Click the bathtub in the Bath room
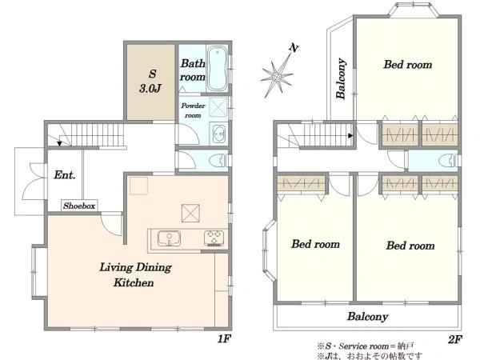click(x=217, y=69)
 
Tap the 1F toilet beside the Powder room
click(x=217, y=161)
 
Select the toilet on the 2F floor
click(x=446, y=161)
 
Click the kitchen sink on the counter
click(x=169, y=238)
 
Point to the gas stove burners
click(x=214, y=238)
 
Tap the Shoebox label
click(x=79, y=206)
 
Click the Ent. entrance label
click(x=64, y=175)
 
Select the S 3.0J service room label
click(x=150, y=81)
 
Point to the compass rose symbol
click(x=277, y=77)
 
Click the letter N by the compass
click(x=294, y=48)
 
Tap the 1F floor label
click(x=224, y=339)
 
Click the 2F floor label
click(x=455, y=339)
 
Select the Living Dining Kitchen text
click(x=135, y=275)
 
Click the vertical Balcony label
click(x=341, y=78)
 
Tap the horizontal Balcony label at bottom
click(x=367, y=317)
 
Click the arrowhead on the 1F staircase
click(x=60, y=143)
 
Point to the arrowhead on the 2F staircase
click(x=351, y=135)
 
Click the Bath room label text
click(x=193, y=70)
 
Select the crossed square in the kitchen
click(x=190, y=213)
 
